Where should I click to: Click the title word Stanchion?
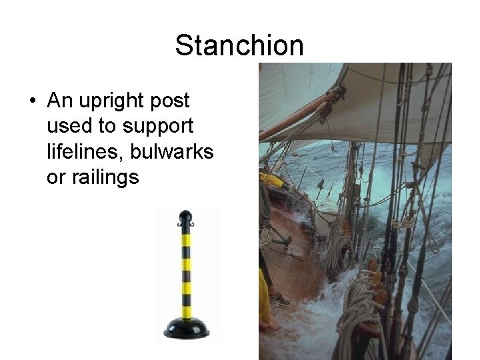pos(239,45)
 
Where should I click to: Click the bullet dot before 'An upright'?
pos(32,101)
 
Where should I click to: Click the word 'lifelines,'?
pos(87,152)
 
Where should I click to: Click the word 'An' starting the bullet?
pos(60,101)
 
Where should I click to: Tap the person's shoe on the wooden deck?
pos(280,299)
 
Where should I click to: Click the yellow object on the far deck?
pos(271,179)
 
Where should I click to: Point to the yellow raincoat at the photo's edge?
pos(265,307)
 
